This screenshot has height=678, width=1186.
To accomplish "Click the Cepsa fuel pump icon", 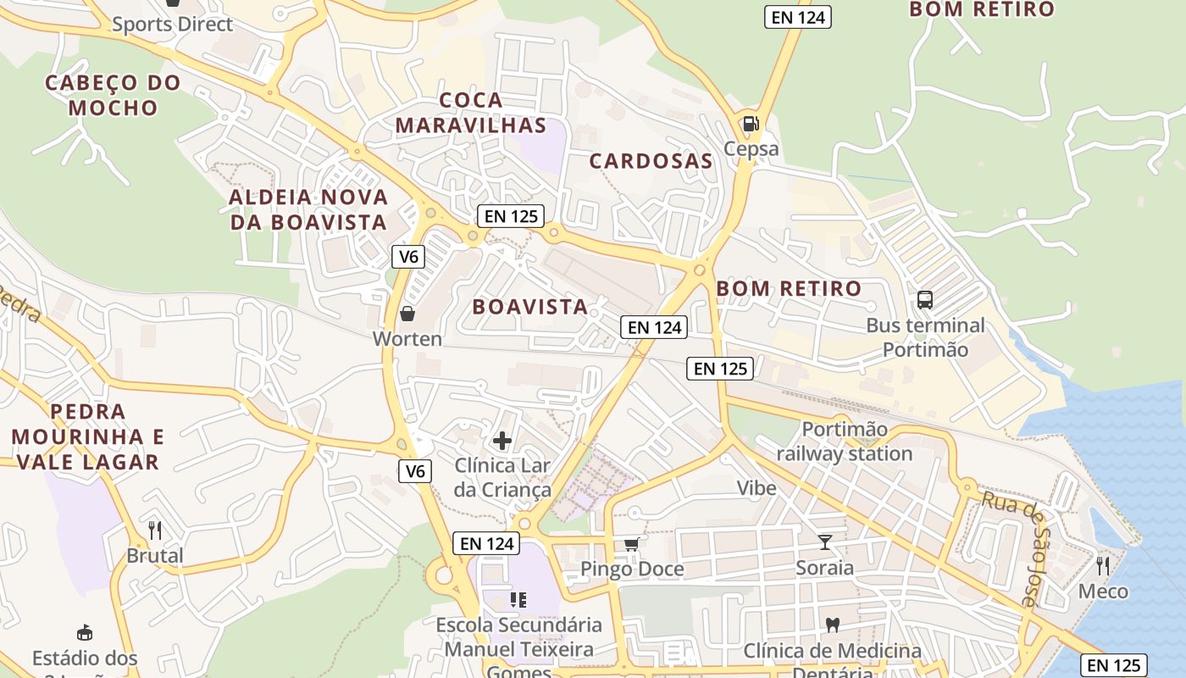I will (x=751, y=124).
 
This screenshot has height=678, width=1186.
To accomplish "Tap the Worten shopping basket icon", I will (x=407, y=314).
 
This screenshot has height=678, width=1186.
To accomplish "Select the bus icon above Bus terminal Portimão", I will (x=924, y=299).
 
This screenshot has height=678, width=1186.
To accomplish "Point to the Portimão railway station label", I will (x=844, y=442).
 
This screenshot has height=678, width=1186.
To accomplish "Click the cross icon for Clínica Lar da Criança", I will (x=502, y=441).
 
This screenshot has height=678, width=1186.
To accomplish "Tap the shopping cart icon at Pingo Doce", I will (x=631, y=544).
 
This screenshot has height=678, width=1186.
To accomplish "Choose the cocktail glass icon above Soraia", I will (x=825, y=542).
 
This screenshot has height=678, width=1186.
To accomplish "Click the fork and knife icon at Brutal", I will (x=155, y=531).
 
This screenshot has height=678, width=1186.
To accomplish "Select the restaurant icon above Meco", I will (x=1103, y=565).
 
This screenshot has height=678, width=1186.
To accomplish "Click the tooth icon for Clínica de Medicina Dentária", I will (x=832, y=625).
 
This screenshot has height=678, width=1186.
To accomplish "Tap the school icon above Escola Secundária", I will (x=518, y=600).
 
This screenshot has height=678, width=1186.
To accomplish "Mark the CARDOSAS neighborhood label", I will (x=651, y=161).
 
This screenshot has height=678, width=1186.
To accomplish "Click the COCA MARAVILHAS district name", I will (x=470, y=113).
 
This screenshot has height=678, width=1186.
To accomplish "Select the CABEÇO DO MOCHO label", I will (x=113, y=95).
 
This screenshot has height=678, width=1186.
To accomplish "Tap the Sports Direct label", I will (x=172, y=24).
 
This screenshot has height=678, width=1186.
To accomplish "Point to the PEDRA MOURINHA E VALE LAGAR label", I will (x=88, y=436).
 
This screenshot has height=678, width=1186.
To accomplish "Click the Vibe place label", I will (x=756, y=487).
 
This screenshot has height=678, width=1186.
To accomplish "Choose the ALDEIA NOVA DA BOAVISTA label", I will (x=308, y=209).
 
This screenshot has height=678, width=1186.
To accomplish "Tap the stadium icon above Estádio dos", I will (x=85, y=632).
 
